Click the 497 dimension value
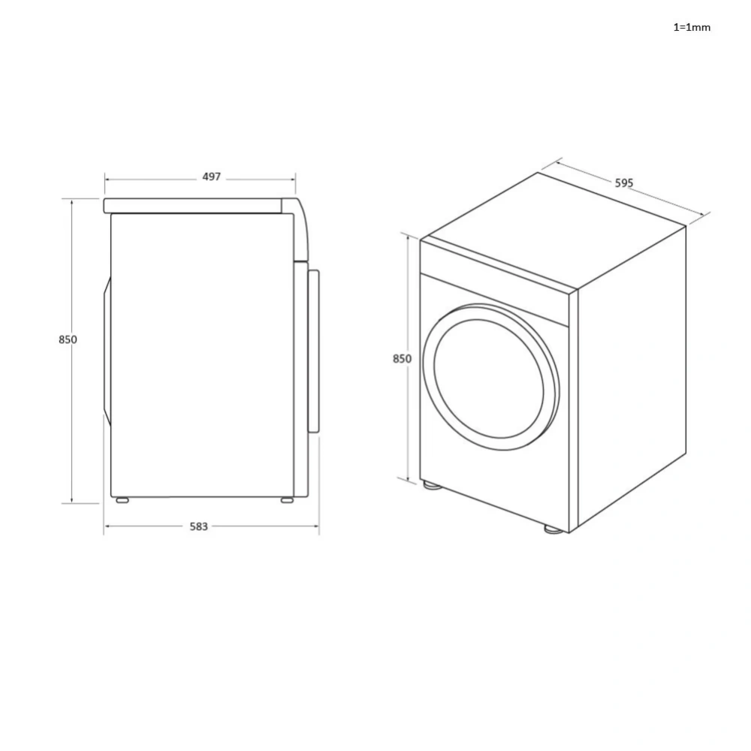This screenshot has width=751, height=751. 212,177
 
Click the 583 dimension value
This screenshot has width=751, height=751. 198,526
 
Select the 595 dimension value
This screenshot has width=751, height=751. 624,182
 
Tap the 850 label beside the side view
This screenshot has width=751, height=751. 68,339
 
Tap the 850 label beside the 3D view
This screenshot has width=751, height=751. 402,359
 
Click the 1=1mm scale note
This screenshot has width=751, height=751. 691,27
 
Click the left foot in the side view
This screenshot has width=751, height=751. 121,499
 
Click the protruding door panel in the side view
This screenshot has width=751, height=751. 313,351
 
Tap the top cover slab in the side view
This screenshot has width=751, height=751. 195,205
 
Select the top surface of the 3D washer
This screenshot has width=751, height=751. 552,229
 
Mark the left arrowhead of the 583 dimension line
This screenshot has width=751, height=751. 107,526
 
